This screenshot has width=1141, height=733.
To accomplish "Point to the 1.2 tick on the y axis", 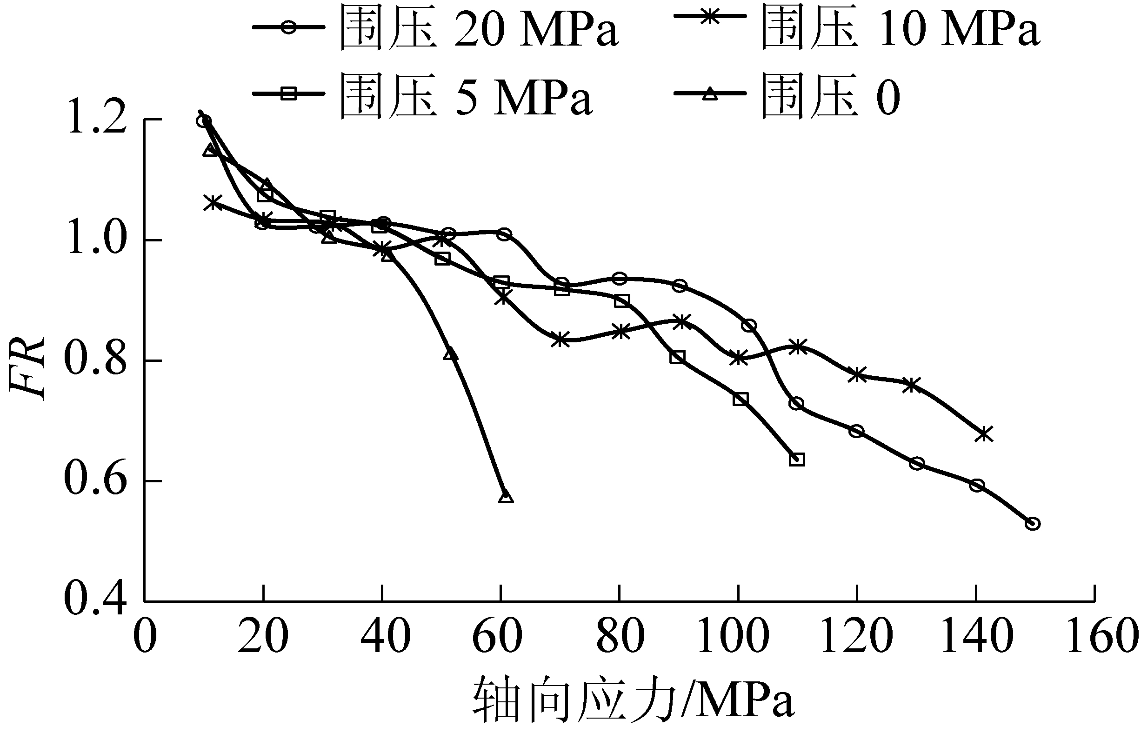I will (98, 120).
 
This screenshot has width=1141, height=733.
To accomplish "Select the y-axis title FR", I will (27, 369).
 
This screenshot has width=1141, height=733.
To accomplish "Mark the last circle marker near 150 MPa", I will (1032, 524).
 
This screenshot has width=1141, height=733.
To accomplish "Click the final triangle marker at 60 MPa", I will (506, 497).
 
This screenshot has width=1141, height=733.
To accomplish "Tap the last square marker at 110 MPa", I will (797, 460).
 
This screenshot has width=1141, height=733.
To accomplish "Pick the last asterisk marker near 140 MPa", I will (983, 434).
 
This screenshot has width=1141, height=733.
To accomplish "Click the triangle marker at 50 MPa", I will (450, 354).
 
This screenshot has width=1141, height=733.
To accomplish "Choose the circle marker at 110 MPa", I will (796, 404).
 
